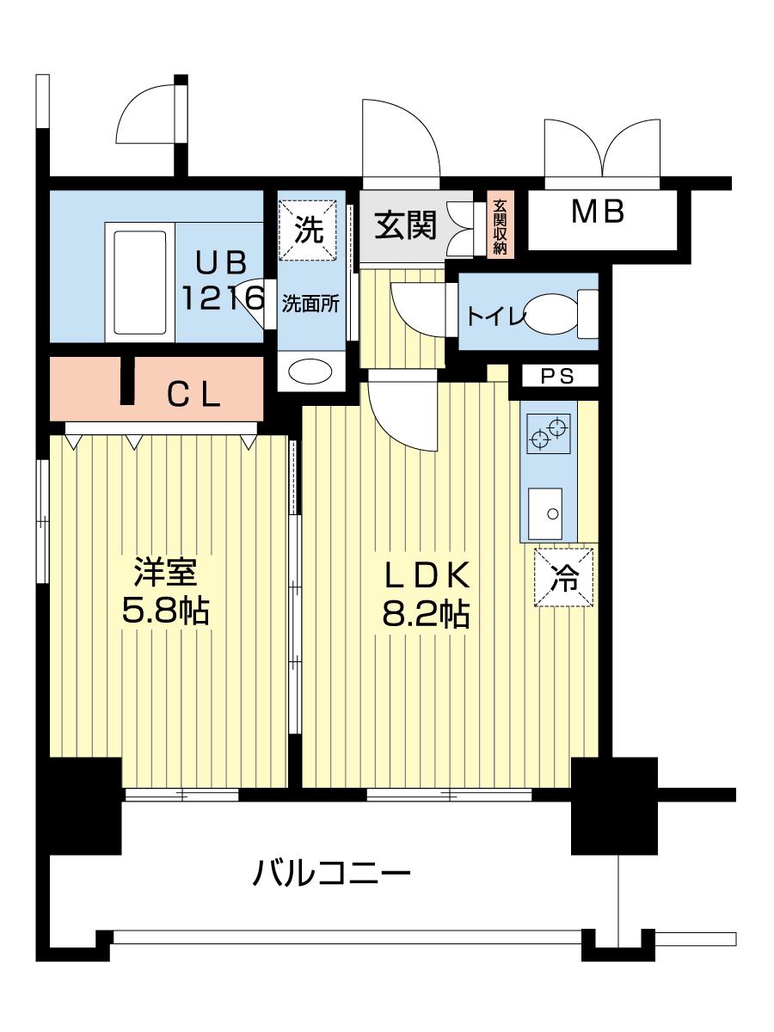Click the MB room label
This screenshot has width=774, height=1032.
[598, 212]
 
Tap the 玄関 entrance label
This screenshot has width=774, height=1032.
[406, 224]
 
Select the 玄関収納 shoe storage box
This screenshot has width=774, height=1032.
[500, 224]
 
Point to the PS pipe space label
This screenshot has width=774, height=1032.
[557, 376]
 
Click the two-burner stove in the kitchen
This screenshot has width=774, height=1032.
[549, 433]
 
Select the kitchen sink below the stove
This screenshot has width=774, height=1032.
[544, 514]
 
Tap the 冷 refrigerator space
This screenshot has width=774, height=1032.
[563, 578]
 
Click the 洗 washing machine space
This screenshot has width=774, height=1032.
[308, 230]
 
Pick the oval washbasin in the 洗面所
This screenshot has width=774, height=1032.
[310, 372]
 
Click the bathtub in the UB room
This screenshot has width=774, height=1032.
[140, 282]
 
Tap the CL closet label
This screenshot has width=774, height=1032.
[194, 396]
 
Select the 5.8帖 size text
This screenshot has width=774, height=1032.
[165, 611]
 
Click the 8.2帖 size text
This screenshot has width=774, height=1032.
[426, 615]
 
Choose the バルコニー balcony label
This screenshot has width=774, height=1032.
[331, 873]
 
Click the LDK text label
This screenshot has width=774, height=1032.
[427, 576]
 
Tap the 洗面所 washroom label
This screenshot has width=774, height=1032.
[310, 304]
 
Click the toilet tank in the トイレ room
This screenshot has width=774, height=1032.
[587, 314]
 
